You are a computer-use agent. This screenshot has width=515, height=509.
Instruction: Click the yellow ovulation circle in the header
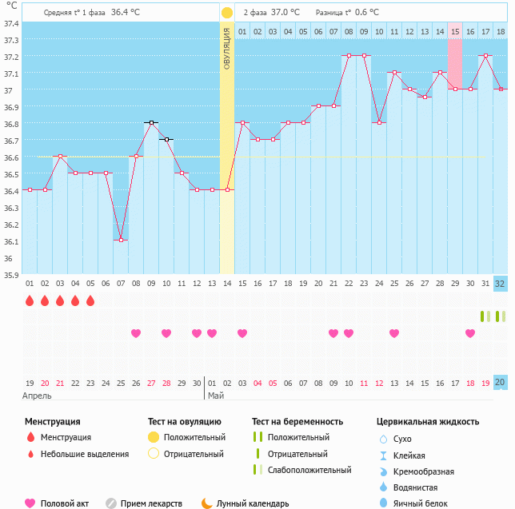[227, 13]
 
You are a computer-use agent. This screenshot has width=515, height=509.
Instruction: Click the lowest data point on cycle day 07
[121, 240]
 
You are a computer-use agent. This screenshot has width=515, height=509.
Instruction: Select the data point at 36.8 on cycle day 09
[151, 123]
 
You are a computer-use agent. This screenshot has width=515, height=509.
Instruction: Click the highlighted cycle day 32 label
[500, 284]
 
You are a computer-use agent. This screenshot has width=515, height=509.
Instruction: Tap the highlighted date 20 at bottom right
[500, 383]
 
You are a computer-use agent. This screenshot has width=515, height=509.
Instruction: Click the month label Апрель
[37, 396]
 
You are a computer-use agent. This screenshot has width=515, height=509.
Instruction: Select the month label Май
[215, 396]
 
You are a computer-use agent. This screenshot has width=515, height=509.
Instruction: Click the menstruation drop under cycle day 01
[30, 301]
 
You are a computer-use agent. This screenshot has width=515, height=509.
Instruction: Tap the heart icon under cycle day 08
[136, 333]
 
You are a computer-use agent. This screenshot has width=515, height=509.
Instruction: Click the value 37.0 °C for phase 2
[285, 13]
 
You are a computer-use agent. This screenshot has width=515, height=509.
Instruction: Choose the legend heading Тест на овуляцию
[184, 421]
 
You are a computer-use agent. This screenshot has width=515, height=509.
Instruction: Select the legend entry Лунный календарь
[245, 503]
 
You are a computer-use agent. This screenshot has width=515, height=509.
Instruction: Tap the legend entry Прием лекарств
[151, 503]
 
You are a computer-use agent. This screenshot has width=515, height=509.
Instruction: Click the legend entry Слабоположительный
[309, 470]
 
